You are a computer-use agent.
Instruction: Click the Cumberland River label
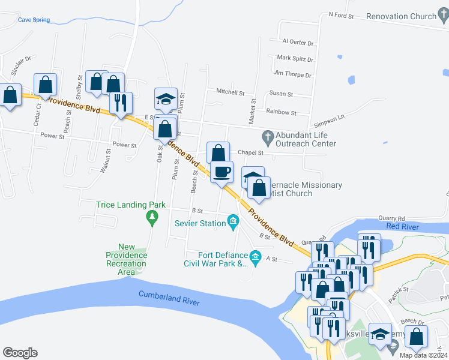point(169,295)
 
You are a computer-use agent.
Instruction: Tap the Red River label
point(402,226)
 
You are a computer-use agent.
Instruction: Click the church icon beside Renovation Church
point(444,16)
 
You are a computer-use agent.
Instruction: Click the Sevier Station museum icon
point(234,224)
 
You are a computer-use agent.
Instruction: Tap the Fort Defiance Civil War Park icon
point(256,259)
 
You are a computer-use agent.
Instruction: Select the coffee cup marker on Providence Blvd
point(221,172)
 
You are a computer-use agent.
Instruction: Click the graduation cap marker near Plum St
point(166,98)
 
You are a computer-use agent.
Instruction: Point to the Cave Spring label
point(34,20)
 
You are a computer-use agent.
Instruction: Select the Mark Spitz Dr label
point(295,58)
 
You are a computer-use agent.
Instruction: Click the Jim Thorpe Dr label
point(292,75)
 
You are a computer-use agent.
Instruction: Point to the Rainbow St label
point(281,112)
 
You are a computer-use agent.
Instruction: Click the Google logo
point(20,353)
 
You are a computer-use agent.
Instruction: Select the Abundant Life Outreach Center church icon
point(267,136)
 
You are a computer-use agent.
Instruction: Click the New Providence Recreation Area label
point(127,259)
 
